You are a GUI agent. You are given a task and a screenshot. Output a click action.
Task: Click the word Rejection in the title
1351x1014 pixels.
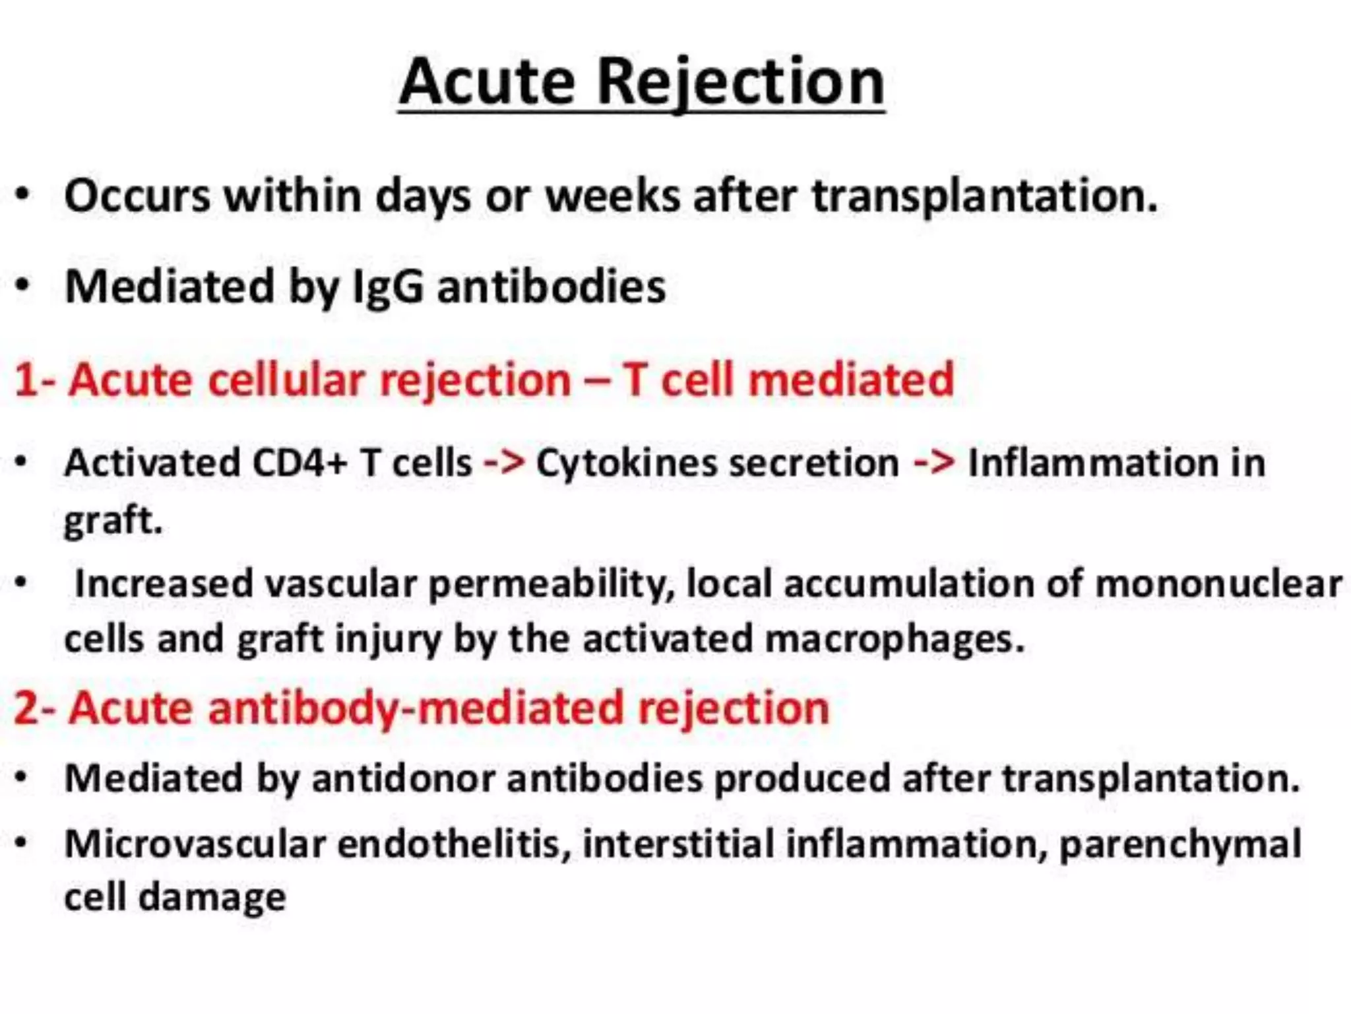pos(740,83)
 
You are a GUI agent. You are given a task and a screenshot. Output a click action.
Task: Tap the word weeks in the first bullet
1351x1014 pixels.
pos(613,196)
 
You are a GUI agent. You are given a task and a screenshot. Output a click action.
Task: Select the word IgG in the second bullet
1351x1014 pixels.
pos(388,287)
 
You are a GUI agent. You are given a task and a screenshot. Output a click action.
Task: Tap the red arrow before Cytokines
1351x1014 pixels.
pos(504,462)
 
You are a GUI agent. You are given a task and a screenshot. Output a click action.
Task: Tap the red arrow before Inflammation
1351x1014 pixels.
pos(934,462)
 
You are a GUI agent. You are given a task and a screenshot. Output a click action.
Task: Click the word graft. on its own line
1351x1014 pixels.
pos(113,520)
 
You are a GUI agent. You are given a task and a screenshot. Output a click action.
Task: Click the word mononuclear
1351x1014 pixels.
pos(1218,585)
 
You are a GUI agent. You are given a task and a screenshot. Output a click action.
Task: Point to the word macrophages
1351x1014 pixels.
pos(895,639)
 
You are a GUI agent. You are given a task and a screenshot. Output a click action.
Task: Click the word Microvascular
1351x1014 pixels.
pos(195,844)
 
